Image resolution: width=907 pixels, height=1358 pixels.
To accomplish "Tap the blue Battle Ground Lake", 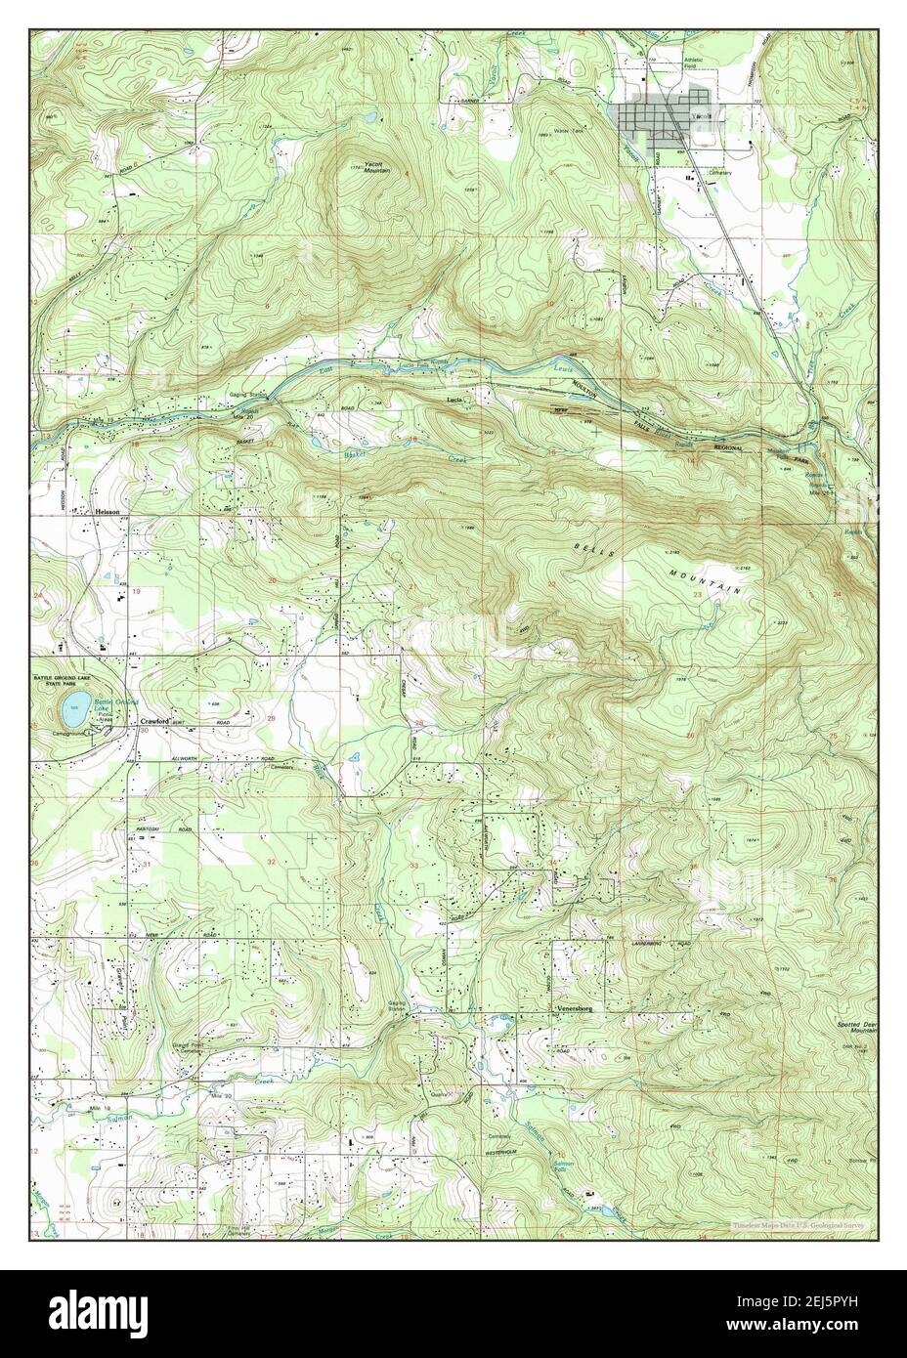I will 70,705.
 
